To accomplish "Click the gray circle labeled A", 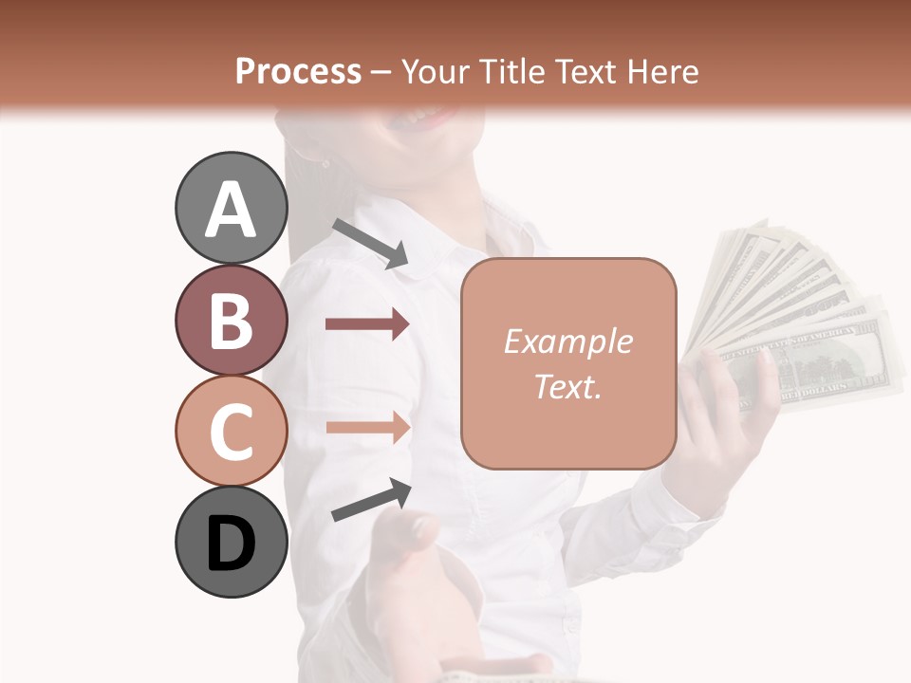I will coord(231,208).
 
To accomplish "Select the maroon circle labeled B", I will coord(231,320).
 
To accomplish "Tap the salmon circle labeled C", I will coord(231,431).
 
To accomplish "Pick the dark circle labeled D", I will coord(231,543).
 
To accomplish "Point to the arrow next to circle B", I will coord(367,324).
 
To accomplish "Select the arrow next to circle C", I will coord(367,428).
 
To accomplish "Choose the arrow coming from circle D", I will coord(371,500).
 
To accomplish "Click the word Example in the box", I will coord(567,341).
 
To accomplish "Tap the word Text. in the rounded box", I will coord(567,387).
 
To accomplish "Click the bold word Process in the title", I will coord(298,71).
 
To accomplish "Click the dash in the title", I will coord(381,72).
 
